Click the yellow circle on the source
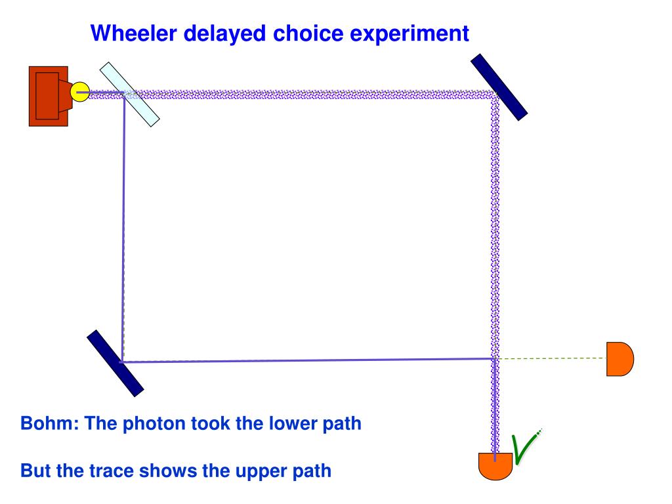point(79,91)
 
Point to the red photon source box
point(48,96)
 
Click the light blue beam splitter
point(129,94)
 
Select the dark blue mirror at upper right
point(499,87)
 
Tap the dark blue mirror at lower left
point(115,363)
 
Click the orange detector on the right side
point(619,359)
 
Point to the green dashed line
point(551,358)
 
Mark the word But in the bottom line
point(34,471)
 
